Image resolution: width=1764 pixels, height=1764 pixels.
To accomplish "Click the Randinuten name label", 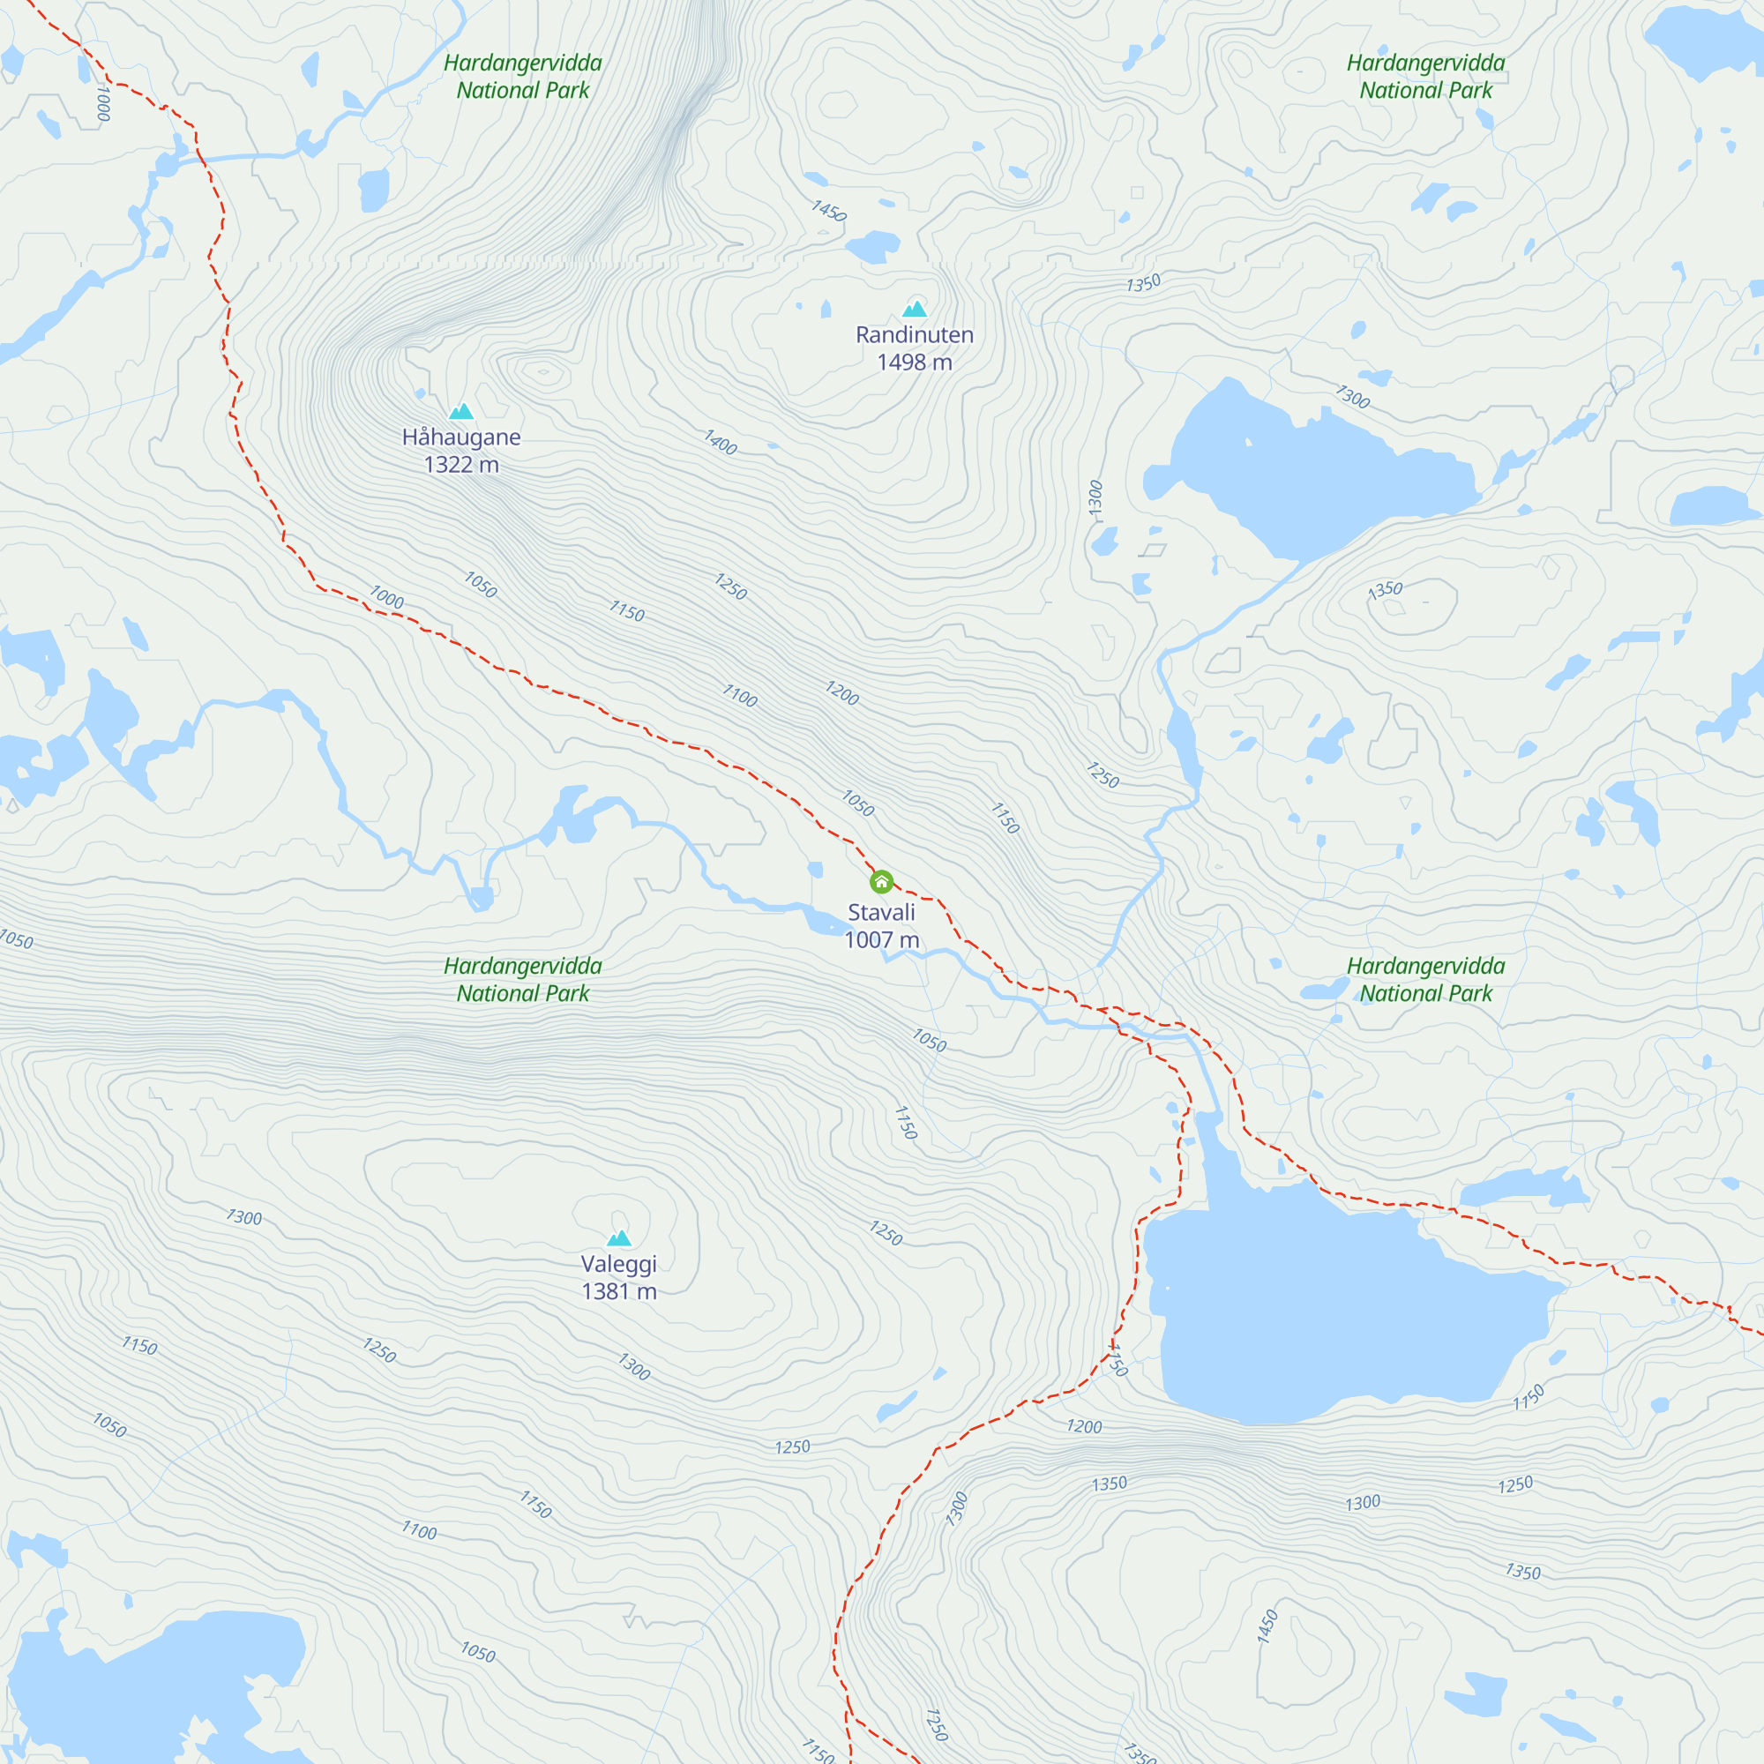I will pyautogui.click(x=914, y=335).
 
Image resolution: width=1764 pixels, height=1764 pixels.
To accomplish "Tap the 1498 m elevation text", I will pyautogui.click(x=914, y=363).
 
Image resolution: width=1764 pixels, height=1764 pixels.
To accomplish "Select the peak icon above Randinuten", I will pyautogui.click(x=914, y=309).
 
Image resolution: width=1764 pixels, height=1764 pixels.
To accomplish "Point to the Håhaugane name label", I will pyautogui.click(x=461, y=437).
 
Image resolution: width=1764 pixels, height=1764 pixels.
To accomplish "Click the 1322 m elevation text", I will pyautogui.click(x=461, y=465).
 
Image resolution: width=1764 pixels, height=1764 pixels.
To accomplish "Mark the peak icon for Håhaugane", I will pyautogui.click(x=461, y=411).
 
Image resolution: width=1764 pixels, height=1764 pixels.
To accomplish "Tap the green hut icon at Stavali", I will pyautogui.click(x=881, y=882).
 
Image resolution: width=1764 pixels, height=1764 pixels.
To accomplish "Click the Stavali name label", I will pyautogui.click(x=881, y=912).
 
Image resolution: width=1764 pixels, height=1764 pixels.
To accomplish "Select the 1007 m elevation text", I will pyautogui.click(x=881, y=939).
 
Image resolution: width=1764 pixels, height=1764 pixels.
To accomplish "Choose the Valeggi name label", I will pyautogui.click(x=619, y=1264).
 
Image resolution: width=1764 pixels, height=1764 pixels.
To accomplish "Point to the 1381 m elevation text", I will pyautogui.click(x=619, y=1291).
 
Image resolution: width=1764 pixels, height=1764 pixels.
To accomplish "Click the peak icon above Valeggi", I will pyautogui.click(x=619, y=1238).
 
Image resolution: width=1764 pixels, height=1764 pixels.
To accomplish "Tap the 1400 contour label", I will pyautogui.click(x=720, y=443).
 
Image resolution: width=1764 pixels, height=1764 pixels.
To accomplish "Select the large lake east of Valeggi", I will pyautogui.click(x=1324, y=1305).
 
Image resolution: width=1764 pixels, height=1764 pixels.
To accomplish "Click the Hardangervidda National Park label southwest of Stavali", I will pyautogui.click(x=523, y=980).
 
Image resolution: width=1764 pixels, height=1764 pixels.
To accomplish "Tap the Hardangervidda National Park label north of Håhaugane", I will pyautogui.click(x=523, y=77).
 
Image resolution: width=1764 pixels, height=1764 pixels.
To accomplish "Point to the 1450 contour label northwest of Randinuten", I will pyautogui.click(x=829, y=211).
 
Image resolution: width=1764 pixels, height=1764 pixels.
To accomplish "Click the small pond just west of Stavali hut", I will pyautogui.click(x=816, y=870).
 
